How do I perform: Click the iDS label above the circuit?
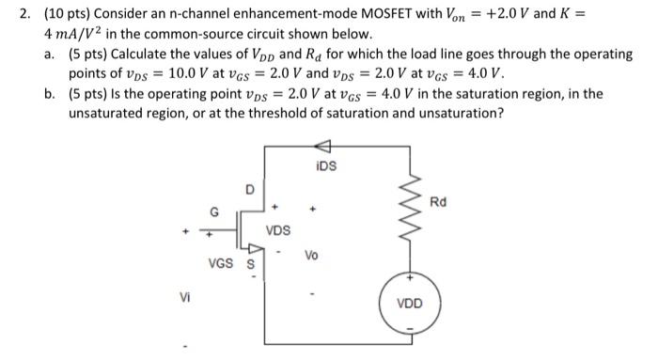point(327,165)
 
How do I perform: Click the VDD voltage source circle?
point(410,303)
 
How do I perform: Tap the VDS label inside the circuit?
point(278,229)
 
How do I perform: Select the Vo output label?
point(312,256)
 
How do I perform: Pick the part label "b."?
point(49,95)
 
